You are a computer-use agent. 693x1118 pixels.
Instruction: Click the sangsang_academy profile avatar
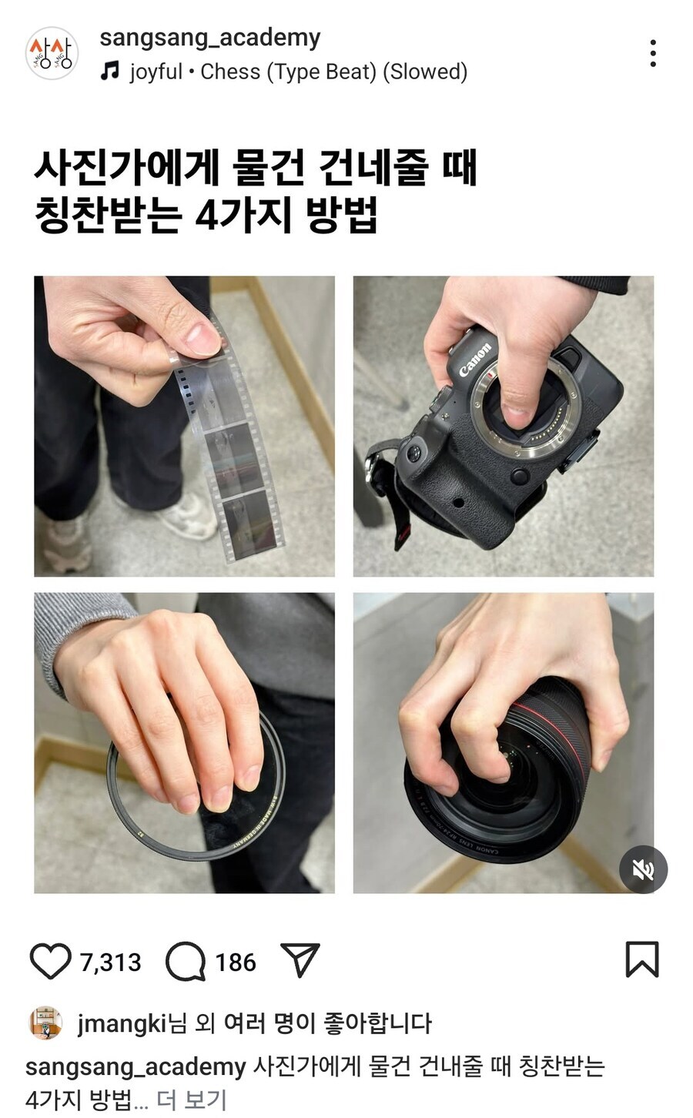coord(52,53)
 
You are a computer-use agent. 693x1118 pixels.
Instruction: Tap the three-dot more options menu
coord(652,53)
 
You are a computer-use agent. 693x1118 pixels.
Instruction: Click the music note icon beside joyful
coord(111,72)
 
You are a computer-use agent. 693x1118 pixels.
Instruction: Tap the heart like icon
coord(50,961)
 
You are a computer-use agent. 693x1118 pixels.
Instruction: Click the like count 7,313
coord(110,962)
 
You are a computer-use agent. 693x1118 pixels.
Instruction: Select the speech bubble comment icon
coord(186,961)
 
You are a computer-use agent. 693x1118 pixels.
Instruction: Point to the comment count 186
coord(235,962)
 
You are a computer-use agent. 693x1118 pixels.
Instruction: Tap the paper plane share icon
coord(300,960)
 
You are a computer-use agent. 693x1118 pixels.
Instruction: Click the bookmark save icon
coord(641,959)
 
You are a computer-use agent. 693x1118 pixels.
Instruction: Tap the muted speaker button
coord(643,869)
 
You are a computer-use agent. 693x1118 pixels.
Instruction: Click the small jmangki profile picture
coord(45,1023)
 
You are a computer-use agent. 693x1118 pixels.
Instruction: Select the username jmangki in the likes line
coord(122,1023)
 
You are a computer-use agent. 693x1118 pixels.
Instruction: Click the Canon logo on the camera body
coord(474,360)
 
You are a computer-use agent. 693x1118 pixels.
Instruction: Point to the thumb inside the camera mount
coord(516,400)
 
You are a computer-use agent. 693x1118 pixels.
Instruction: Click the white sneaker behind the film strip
coord(189,517)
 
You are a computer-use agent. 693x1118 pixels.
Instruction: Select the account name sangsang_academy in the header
coord(209,37)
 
